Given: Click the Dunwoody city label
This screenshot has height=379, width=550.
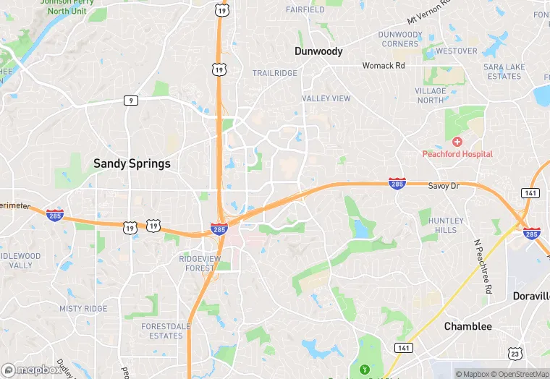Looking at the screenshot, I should tap(318, 51).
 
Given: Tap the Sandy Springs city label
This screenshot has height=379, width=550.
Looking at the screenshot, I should tap(132, 163).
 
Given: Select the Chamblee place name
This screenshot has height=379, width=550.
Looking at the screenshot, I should tap(467, 326).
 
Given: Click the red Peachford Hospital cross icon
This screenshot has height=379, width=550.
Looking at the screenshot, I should tap(457, 142).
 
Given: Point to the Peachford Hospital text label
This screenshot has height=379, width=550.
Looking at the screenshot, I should tap(457, 154).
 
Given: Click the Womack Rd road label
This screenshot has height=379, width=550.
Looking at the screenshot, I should tap(384, 66).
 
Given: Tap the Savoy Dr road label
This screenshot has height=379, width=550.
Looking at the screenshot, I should tap(444, 186).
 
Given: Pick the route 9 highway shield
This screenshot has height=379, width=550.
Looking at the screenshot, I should tap(130, 101).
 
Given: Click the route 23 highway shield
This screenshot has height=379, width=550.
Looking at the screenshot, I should tap(514, 353).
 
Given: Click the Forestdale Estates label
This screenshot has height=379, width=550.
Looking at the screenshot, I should tap(162, 331).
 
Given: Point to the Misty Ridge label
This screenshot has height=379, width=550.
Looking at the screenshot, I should tap(82, 309).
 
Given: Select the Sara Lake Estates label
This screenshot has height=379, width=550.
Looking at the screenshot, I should tap(504, 72).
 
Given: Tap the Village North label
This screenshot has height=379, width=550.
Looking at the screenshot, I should tap(431, 95).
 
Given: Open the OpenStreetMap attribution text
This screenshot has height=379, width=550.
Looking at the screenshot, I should tap(519, 374).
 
